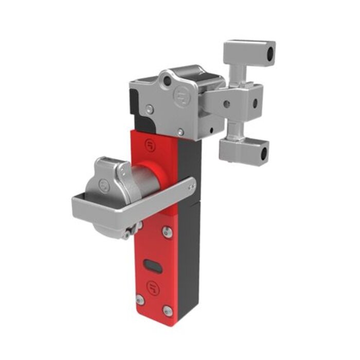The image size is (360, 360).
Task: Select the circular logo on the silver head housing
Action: tap(182, 97)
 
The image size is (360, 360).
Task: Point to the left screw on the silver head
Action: tap(149, 109)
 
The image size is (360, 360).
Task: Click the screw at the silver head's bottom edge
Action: tap(181, 132)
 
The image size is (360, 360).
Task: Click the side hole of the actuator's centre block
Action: tap(255, 102)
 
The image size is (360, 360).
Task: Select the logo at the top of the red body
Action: tap(150, 143)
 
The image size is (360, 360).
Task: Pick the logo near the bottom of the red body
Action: tap(153, 286)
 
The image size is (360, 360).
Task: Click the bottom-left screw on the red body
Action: tap(139, 300)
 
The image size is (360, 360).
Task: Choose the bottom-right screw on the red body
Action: tap(167, 310)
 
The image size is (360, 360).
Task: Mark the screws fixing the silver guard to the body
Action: tap(191, 188)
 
